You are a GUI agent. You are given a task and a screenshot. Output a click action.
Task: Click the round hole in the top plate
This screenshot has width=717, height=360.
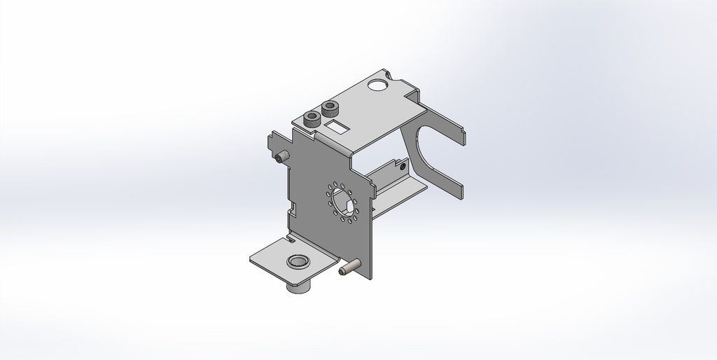377,86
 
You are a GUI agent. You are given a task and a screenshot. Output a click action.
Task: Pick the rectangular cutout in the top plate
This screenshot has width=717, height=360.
339,126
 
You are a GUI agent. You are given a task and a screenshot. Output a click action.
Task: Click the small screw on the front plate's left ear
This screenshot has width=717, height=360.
281,157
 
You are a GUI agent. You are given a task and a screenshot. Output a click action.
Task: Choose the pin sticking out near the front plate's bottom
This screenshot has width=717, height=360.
348,268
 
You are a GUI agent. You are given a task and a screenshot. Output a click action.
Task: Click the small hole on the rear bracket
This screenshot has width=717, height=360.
401,167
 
